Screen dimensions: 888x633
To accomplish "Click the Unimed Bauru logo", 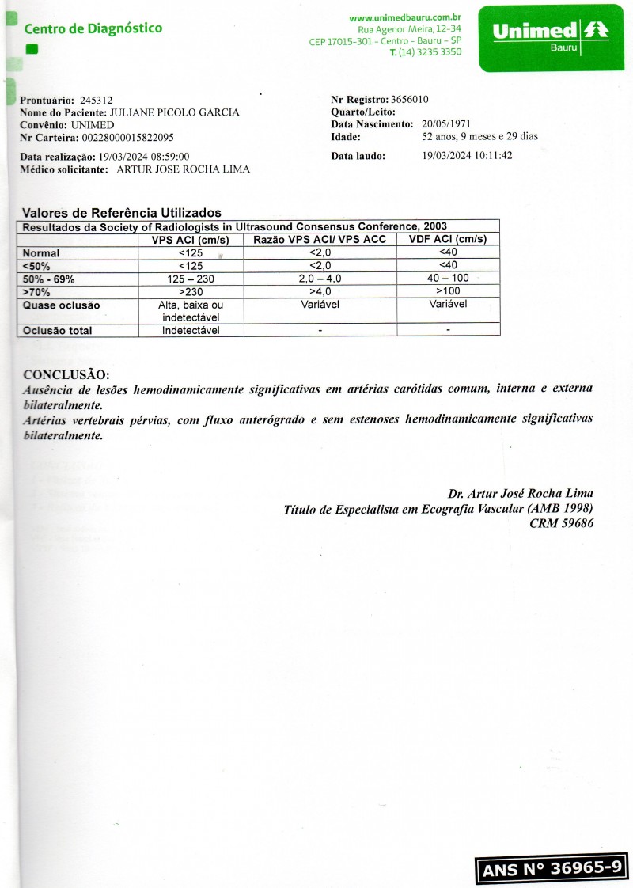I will tap(549, 37).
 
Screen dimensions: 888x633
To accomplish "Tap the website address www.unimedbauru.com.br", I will tap(405, 17).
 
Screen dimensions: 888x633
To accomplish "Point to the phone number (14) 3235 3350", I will tap(430, 52).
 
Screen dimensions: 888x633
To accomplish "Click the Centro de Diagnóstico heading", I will tap(93, 29).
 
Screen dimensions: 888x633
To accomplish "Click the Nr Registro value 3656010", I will tap(410, 100).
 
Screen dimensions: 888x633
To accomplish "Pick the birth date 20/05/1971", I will tap(447, 124).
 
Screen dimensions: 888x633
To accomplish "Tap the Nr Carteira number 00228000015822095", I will tap(128, 137).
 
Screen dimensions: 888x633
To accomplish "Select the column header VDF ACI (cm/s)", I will tap(447, 239).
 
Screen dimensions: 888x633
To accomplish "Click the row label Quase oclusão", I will tap(62, 305).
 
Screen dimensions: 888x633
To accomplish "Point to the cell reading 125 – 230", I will tap(191, 279).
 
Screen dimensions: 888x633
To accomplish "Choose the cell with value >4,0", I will tap(320, 291).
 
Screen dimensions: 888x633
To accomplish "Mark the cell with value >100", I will tap(448, 291).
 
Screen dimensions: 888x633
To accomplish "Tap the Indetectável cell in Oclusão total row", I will tap(191, 331).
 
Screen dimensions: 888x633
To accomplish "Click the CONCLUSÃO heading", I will tap(66, 374).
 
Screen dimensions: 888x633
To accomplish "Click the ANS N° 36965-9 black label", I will tap(552, 868).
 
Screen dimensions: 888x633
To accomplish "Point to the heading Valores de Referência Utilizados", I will tap(122, 213).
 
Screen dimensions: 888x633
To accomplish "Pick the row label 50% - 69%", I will tap(49, 279).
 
